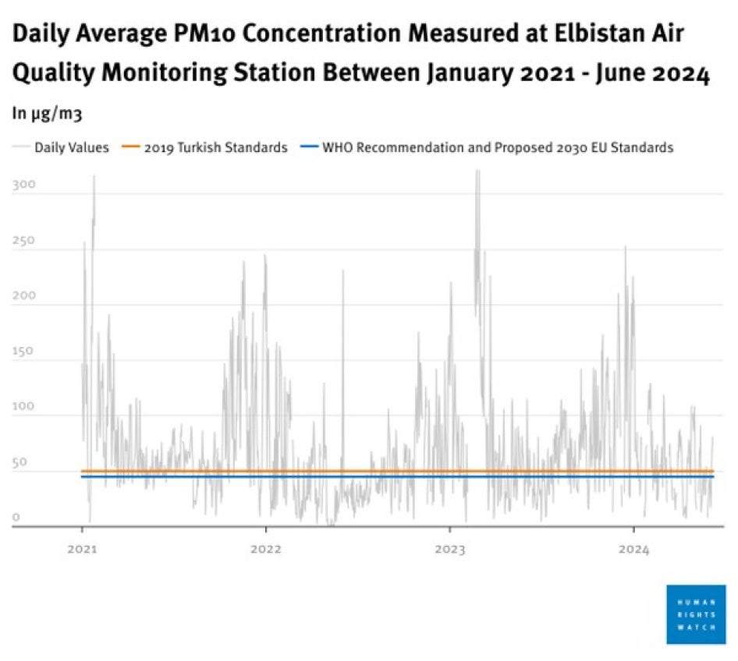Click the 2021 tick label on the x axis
82,549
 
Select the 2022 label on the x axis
265,549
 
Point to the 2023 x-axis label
449,549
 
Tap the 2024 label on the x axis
633,549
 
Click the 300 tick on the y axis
24,186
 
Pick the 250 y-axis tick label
24,241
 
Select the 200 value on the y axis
24,296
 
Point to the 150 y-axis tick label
24,352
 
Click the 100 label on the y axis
24,407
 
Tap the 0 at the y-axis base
16,518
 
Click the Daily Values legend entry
71,147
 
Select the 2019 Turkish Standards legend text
215,147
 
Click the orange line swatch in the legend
132,147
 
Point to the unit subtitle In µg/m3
47,114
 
